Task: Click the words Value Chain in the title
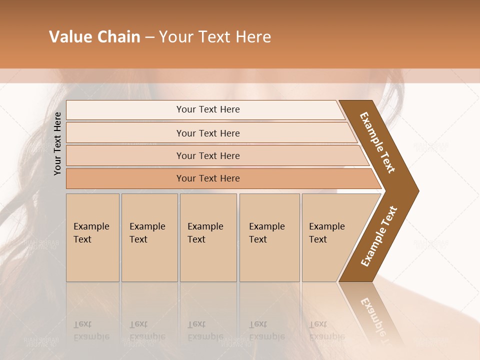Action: click(x=94, y=37)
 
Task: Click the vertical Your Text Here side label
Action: click(x=58, y=143)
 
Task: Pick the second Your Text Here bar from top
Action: click(x=208, y=133)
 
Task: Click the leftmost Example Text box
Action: click(x=92, y=237)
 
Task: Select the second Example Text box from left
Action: click(x=149, y=237)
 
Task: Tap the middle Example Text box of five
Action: click(x=208, y=237)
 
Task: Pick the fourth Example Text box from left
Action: click(x=269, y=237)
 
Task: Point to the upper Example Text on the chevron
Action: click(x=377, y=142)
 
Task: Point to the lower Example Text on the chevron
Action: click(x=379, y=236)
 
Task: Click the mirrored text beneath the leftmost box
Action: click(x=91, y=330)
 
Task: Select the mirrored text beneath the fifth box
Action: click(x=327, y=330)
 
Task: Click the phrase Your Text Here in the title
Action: click(x=215, y=37)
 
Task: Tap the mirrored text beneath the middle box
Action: click(x=205, y=330)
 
